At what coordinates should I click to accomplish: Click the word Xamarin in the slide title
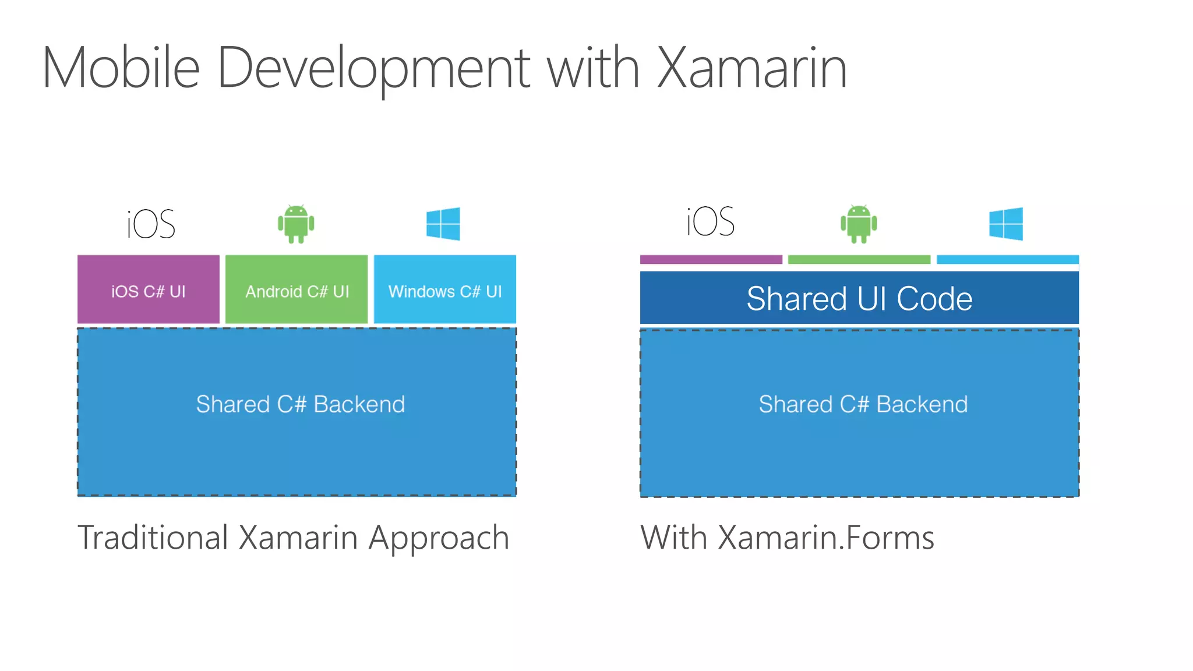(x=751, y=69)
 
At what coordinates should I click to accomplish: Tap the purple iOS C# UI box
(x=149, y=289)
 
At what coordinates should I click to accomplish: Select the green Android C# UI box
(x=297, y=289)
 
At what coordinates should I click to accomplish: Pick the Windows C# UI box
(x=445, y=289)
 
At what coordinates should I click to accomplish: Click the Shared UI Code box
(x=859, y=298)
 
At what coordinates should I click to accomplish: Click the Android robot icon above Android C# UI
(x=296, y=224)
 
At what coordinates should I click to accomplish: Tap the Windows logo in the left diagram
(x=443, y=224)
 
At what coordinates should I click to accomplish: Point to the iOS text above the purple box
(x=151, y=224)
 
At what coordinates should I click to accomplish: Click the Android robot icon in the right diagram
(x=859, y=224)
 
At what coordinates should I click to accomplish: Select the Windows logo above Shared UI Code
(x=1006, y=224)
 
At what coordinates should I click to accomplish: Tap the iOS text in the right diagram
(x=711, y=222)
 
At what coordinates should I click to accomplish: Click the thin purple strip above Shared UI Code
(x=711, y=260)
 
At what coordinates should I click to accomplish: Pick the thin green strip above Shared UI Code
(x=859, y=260)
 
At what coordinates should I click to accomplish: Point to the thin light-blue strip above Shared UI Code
(x=1008, y=260)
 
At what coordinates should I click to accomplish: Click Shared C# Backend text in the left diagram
(x=300, y=404)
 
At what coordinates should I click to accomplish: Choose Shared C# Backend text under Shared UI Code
(x=863, y=404)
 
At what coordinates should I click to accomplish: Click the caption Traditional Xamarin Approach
(x=294, y=538)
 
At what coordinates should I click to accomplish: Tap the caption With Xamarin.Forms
(x=787, y=538)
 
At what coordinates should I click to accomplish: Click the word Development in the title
(x=373, y=69)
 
